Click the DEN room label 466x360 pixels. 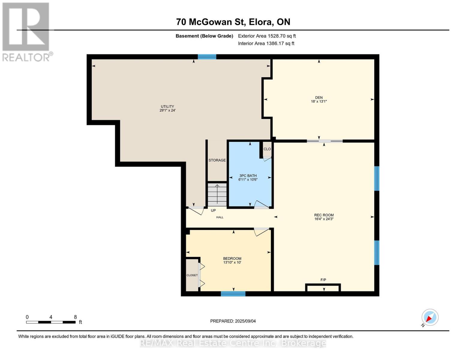click(x=319, y=97)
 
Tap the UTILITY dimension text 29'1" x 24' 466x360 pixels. click(x=167, y=110)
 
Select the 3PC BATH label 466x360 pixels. click(x=248, y=176)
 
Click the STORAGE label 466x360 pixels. click(x=217, y=160)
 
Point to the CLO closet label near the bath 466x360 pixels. click(x=267, y=149)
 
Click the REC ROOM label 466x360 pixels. click(x=324, y=215)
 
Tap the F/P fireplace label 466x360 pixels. click(x=323, y=280)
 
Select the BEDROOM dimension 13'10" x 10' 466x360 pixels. click(x=232, y=262)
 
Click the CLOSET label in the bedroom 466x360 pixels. click(x=192, y=275)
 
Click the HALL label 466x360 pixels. click(x=220, y=217)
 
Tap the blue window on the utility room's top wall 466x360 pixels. click(x=207, y=57)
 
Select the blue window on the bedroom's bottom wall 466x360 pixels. click(x=233, y=294)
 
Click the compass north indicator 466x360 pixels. click(x=430, y=317)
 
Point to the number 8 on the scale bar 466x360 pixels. click(x=75, y=317)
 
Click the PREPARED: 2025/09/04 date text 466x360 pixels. click(x=233, y=321)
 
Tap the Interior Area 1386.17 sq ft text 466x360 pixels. click(x=266, y=43)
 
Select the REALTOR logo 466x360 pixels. click(x=26, y=31)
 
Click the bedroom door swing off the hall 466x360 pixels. click(x=261, y=232)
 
